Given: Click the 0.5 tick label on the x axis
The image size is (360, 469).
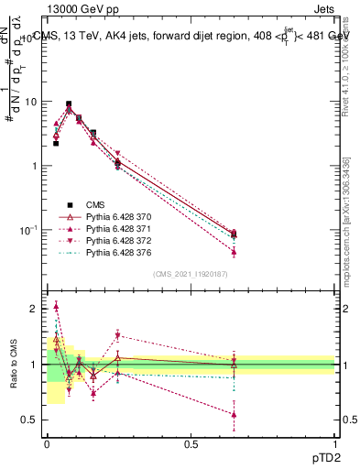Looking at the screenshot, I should [190, 444].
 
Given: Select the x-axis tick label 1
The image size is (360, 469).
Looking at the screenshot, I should [334, 444].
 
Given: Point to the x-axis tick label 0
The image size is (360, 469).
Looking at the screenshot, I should [46, 444].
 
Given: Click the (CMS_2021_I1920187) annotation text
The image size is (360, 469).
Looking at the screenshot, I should [190, 273].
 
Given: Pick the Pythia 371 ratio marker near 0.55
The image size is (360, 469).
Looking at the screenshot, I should [234, 415].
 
